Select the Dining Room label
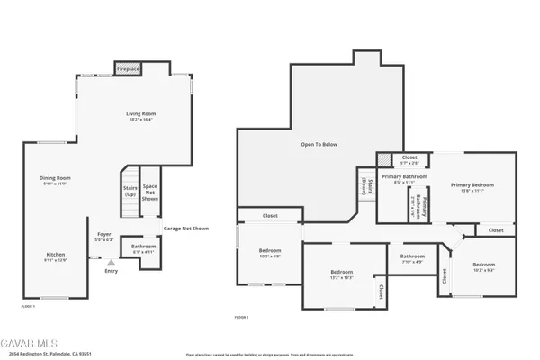point(54,180)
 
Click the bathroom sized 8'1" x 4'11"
point(143,248)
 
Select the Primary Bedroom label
point(472,187)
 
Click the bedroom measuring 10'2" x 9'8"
point(270,254)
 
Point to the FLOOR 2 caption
point(241,317)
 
